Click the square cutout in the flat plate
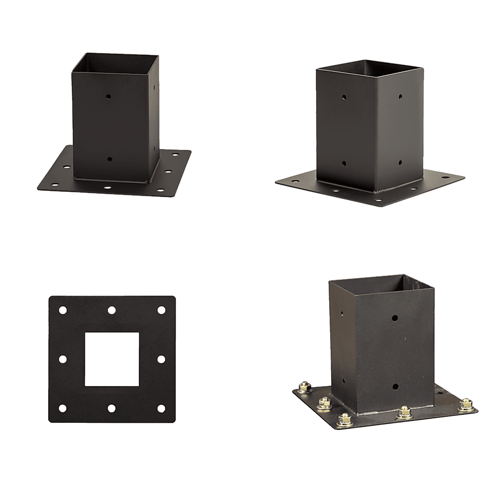(x=112, y=359)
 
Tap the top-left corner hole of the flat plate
(x=63, y=309)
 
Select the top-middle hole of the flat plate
(x=112, y=309)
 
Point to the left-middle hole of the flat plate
(x=63, y=359)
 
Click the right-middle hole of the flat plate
(x=161, y=359)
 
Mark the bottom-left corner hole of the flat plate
(x=63, y=408)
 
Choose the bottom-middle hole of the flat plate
(x=112, y=408)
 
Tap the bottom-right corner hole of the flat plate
(x=161, y=408)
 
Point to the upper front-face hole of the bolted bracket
(x=395, y=319)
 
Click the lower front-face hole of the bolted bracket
(x=395, y=386)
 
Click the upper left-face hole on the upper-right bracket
(x=344, y=98)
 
